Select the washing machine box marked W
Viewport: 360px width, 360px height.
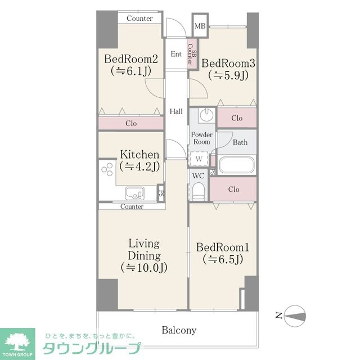(199, 160)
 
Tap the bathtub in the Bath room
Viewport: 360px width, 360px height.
(237, 165)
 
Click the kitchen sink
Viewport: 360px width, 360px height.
(136, 193)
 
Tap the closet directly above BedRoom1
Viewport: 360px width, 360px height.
(233, 190)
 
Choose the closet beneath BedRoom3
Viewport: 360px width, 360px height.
(237, 118)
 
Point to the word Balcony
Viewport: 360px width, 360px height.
(179, 330)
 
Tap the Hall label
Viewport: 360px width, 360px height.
(176, 111)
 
